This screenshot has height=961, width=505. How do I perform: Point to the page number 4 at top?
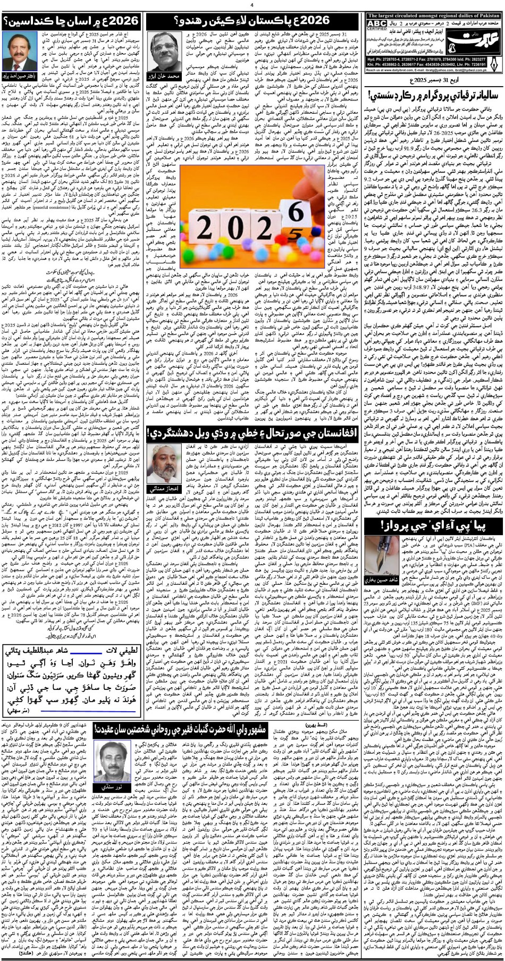pos(251,5)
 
